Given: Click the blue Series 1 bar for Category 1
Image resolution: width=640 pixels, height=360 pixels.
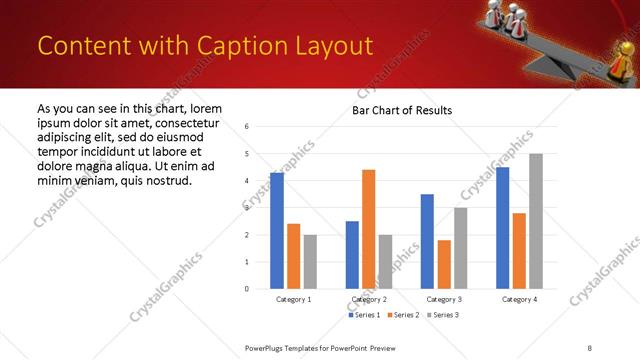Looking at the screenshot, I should click(277, 231).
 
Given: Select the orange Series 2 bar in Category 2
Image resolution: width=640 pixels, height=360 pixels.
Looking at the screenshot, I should click(369, 229).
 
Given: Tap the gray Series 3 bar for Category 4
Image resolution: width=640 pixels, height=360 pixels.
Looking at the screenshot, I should click(536, 221).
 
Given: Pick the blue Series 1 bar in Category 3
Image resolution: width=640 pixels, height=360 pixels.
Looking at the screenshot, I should click(427, 241).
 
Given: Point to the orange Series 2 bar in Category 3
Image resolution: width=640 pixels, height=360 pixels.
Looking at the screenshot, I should click(444, 264).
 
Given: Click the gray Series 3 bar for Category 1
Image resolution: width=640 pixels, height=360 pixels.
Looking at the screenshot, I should click(310, 262).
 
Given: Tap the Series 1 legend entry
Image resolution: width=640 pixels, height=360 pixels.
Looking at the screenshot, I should click(363, 315).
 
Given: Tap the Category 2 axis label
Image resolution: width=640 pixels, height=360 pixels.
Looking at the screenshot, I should click(369, 300).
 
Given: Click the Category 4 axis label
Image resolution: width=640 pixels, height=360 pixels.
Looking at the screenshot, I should click(519, 300).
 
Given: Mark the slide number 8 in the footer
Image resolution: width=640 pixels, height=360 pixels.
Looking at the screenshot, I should click(589, 347).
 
